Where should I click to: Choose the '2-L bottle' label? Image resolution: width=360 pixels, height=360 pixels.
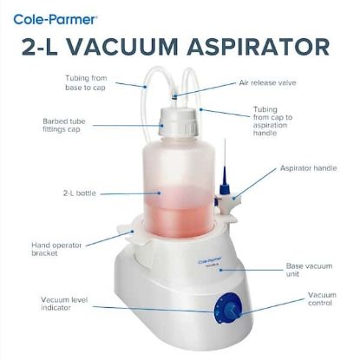pyautogui.click(x=79, y=192)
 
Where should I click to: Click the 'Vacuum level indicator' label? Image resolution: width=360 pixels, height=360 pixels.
pyautogui.click(x=69, y=304)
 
